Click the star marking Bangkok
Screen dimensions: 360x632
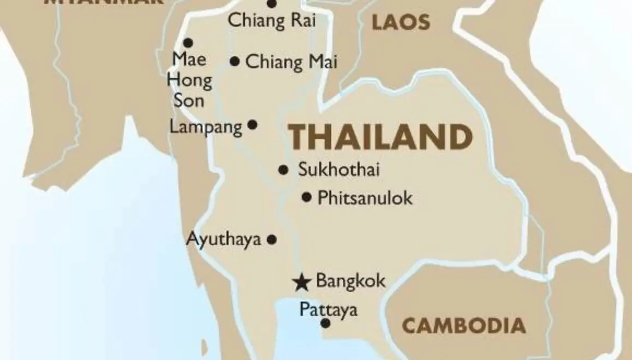pyautogui.click(x=300, y=282)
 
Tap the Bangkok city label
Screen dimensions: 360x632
pyautogui.click(x=350, y=281)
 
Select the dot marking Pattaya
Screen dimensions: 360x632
pyautogui.click(x=325, y=323)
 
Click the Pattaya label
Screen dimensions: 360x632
pyautogui.click(x=329, y=310)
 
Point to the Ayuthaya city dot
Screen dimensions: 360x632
pyautogui.click(x=272, y=239)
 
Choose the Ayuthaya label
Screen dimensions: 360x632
pyautogui.click(x=224, y=239)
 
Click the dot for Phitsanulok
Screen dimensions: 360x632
pyautogui.click(x=307, y=197)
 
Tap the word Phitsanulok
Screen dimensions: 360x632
pyautogui.click(x=365, y=197)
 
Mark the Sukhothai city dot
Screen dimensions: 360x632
pyautogui.click(x=283, y=170)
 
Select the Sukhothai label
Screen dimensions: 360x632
pyautogui.click(x=339, y=170)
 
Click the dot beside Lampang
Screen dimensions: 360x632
pyautogui.click(x=252, y=125)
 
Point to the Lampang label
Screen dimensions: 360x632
pyautogui.click(x=206, y=127)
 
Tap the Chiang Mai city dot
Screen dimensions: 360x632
pyautogui.click(x=235, y=62)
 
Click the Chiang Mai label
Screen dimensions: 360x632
pyautogui.click(x=291, y=62)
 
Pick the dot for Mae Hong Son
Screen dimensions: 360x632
pyautogui.click(x=188, y=43)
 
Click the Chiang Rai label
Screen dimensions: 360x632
pyautogui.click(x=272, y=21)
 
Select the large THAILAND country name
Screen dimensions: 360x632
pyautogui.click(x=380, y=137)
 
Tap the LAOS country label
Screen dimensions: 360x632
pyautogui.click(x=401, y=23)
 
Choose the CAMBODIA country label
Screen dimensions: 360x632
pyautogui.click(x=464, y=326)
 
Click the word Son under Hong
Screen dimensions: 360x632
pyautogui.click(x=189, y=100)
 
